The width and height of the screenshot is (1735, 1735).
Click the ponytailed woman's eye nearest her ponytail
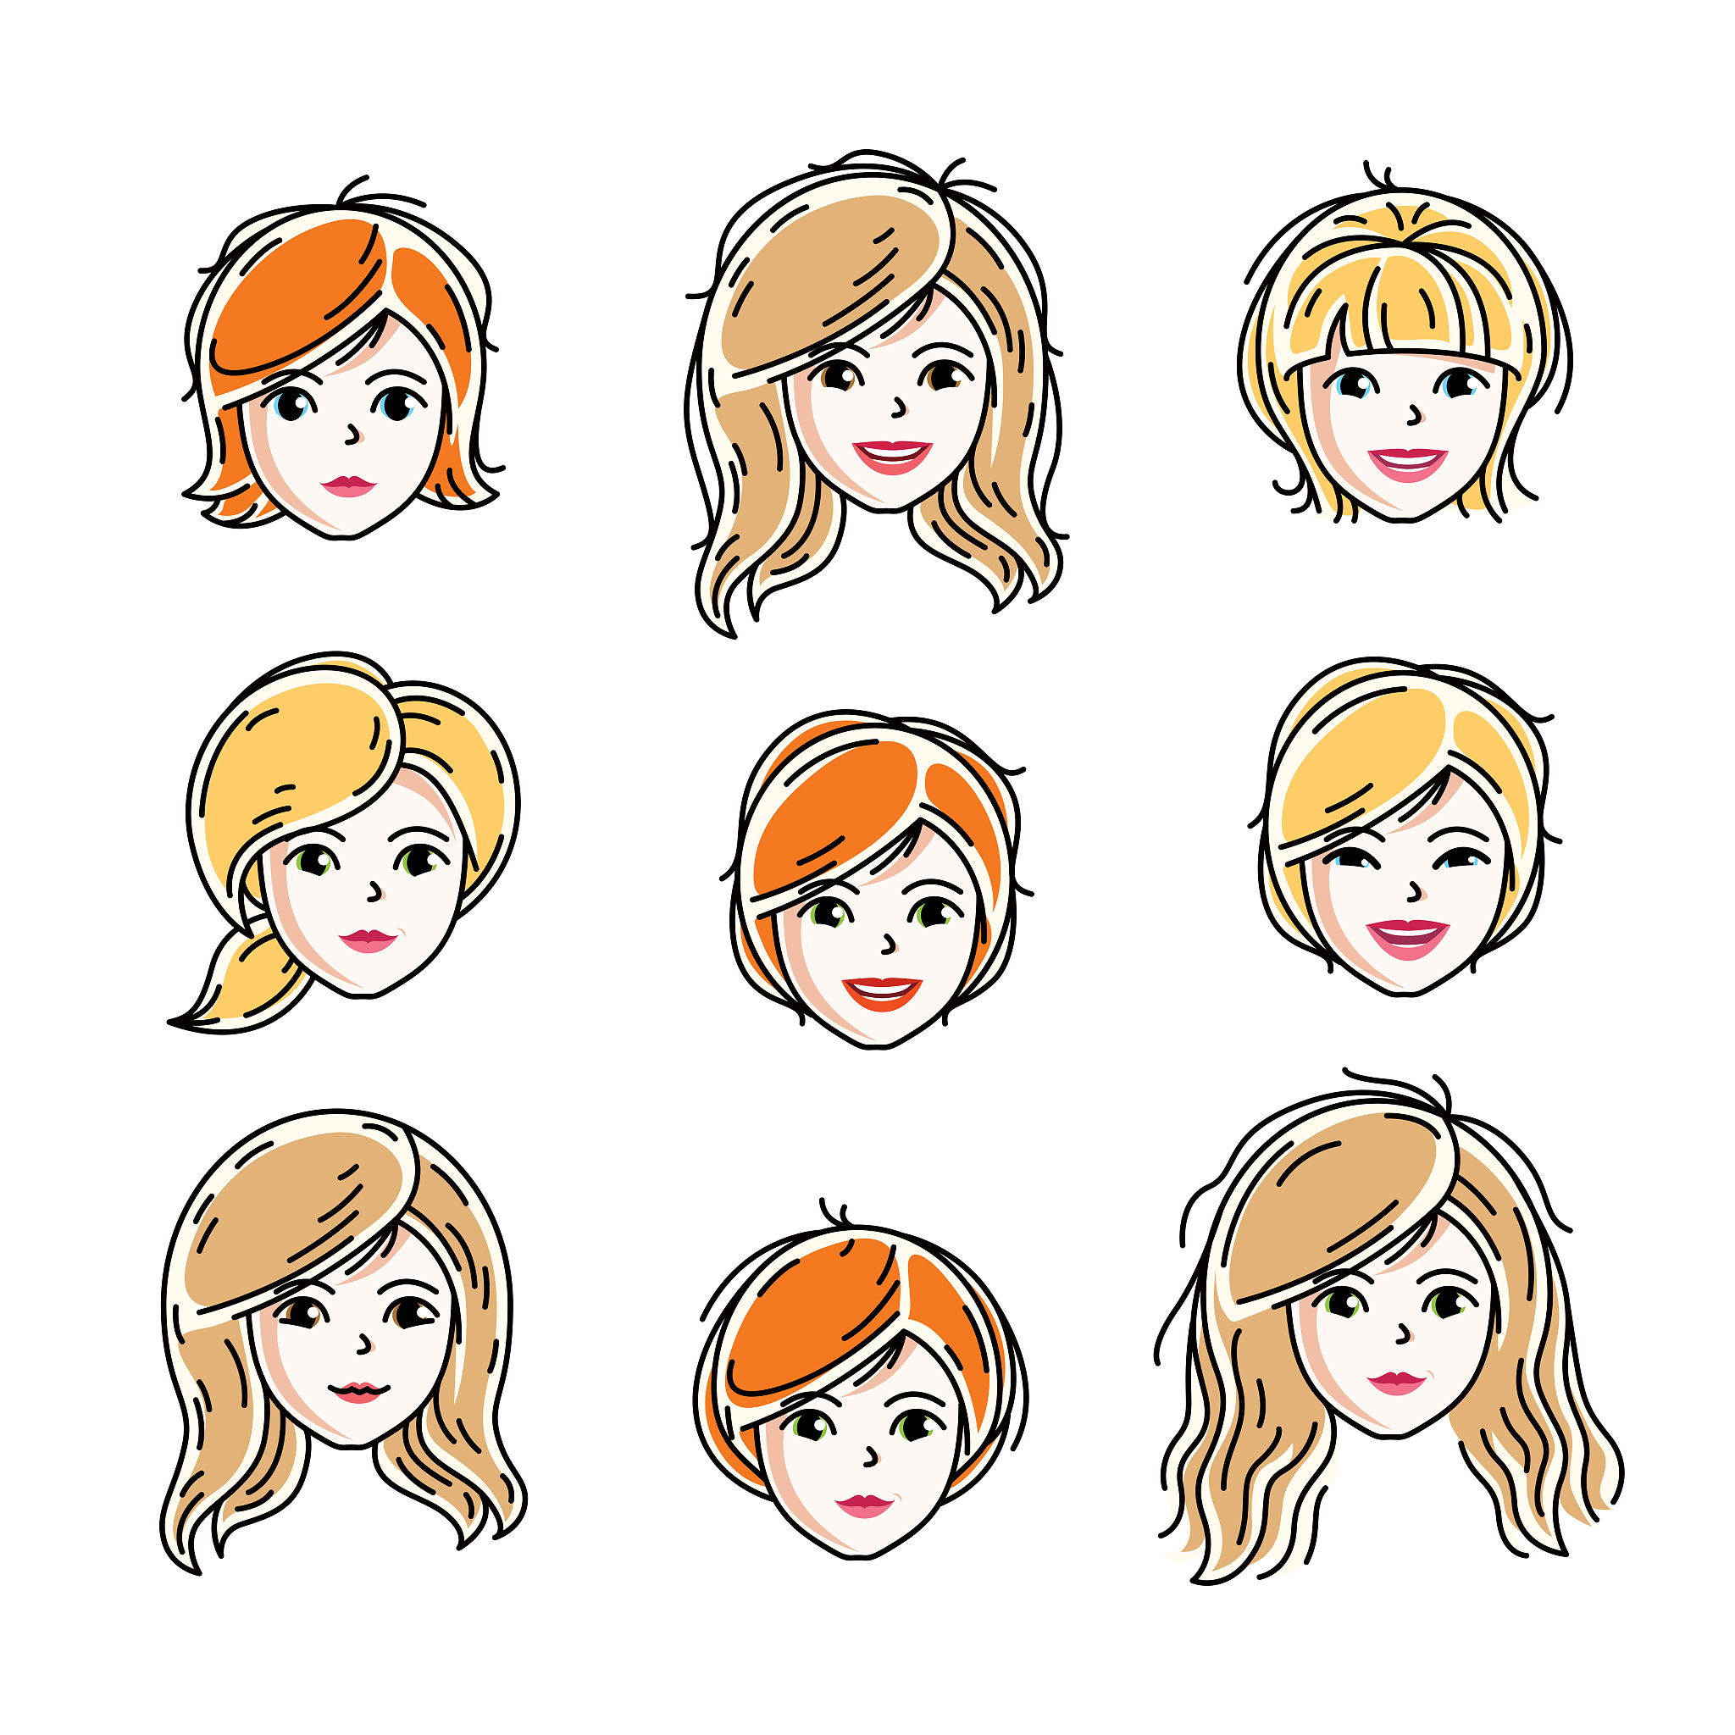click(314, 862)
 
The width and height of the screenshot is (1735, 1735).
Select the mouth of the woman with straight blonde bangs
click(1407, 463)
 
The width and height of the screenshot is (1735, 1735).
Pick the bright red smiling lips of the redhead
click(881, 992)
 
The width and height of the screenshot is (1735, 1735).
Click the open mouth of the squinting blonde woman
click(1407, 938)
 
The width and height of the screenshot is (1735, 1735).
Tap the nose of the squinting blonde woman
click(1416, 892)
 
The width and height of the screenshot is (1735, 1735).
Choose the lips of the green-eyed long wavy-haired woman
click(1397, 1382)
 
